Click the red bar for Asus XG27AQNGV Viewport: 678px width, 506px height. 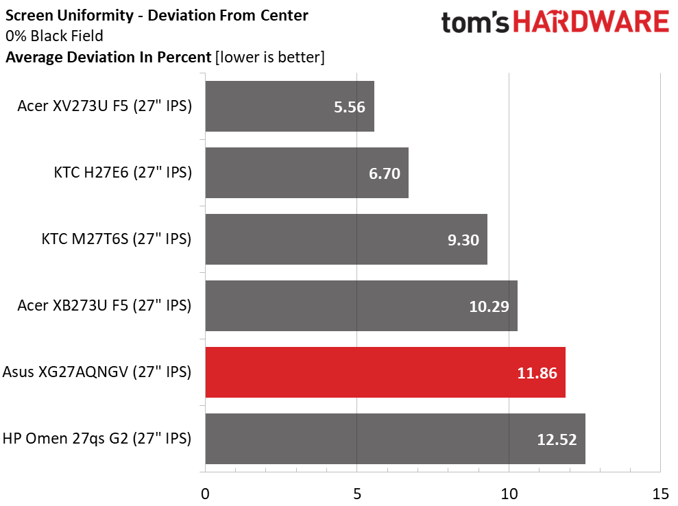[x=385, y=372]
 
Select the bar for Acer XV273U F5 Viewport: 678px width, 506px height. [x=290, y=106]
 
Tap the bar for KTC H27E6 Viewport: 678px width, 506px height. [x=307, y=173]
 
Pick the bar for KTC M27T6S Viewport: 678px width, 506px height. [x=346, y=239]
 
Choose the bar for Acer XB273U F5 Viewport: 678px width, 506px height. [x=361, y=306]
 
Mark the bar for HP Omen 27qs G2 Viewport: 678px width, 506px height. [x=395, y=439]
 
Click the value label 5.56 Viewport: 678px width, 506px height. [x=350, y=107]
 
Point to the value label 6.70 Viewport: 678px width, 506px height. [x=385, y=173]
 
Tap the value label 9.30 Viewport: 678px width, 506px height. [x=463, y=240]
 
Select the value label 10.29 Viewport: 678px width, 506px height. [x=489, y=306]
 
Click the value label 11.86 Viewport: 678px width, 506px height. [x=537, y=373]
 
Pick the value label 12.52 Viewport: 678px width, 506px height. [x=557, y=439]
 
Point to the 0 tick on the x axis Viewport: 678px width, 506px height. [x=205, y=494]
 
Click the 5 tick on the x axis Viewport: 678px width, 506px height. [x=356, y=494]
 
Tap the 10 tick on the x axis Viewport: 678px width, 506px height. [x=509, y=494]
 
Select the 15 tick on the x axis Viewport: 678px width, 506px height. [x=661, y=494]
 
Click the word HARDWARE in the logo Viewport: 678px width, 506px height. [x=591, y=22]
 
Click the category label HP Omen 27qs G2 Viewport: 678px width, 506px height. [x=97, y=439]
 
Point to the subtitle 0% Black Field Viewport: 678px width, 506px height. [x=54, y=36]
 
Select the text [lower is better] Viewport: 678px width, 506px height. [x=270, y=57]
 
